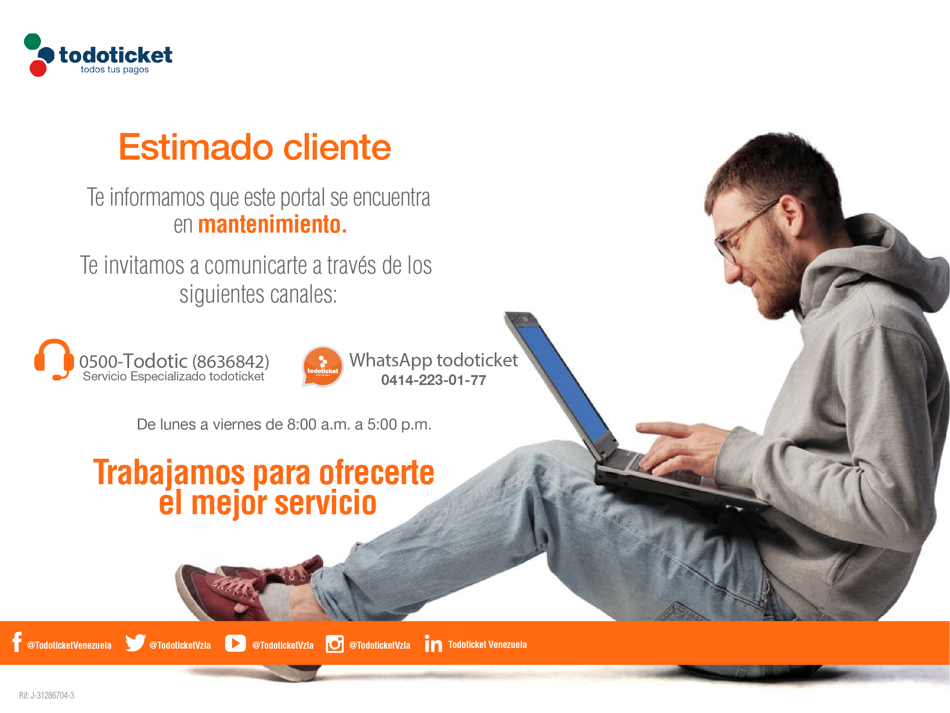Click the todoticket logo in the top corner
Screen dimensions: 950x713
98,55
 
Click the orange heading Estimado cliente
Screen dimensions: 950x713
254,147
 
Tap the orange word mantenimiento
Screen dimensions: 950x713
272,224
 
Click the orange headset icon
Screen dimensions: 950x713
54,360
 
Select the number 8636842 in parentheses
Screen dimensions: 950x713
231,362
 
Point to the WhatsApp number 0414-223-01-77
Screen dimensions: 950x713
433,380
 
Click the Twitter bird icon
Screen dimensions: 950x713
135,643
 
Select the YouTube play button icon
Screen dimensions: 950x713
236,643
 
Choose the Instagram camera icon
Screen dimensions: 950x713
335,644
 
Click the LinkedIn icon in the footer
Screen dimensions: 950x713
433,643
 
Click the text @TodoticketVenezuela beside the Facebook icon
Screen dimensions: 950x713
69,645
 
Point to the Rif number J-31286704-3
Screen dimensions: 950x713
52,696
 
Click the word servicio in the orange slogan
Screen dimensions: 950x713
326,503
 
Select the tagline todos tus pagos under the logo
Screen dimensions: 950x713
115,70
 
